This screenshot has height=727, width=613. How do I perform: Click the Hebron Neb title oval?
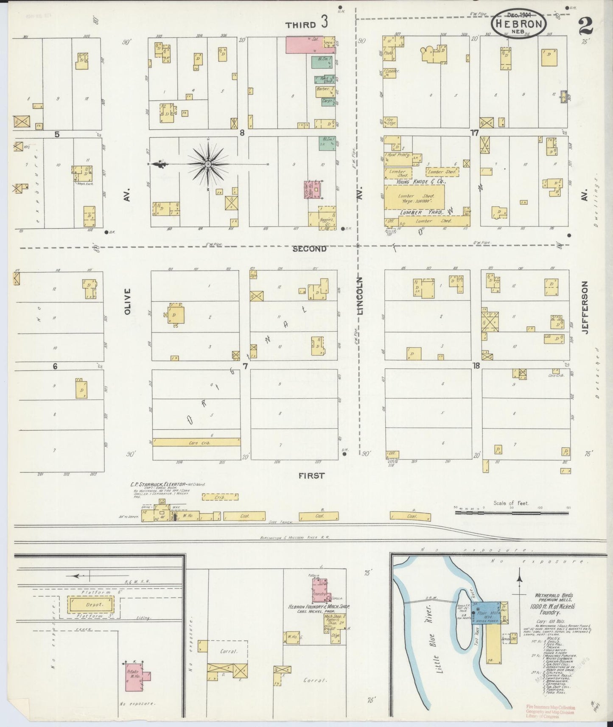(x=518, y=24)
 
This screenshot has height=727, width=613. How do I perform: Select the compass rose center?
(x=208, y=164)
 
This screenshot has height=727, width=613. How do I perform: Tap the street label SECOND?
(x=309, y=249)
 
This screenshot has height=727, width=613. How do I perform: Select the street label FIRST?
(x=311, y=475)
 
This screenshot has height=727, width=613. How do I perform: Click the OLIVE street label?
(x=127, y=302)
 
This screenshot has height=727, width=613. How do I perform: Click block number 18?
(x=476, y=365)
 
